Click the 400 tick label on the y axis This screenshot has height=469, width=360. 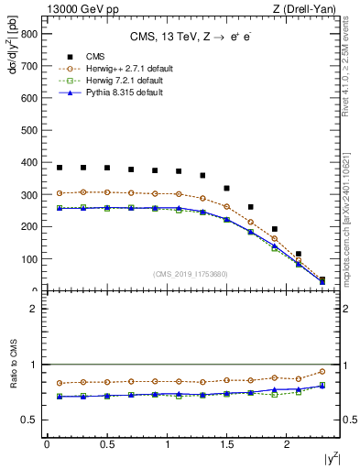coord(30,163)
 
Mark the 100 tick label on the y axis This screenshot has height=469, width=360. coord(30,259)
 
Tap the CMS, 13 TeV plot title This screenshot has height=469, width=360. coord(191,36)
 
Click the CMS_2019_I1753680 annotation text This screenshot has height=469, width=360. coord(190,273)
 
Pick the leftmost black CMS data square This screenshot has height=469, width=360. coord(60,168)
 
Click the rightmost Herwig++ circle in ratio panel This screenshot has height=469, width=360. coord(322,371)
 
